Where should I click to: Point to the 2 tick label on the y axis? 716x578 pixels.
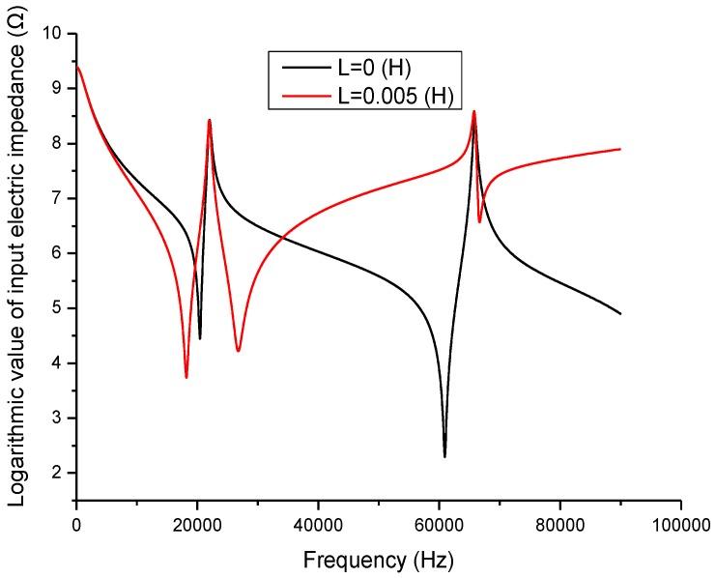click(60, 473)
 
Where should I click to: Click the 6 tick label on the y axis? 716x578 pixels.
click(60, 253)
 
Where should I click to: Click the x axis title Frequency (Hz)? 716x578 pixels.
click(378, 559)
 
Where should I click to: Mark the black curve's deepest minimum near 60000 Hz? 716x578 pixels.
click(444, 456)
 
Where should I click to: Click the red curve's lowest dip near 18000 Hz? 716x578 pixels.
click(186, 377)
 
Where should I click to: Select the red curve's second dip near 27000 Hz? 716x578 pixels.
click(238, 351)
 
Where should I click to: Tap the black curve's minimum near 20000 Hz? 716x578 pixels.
click(200, 338)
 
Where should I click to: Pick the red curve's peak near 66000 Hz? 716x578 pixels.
click(473, 112)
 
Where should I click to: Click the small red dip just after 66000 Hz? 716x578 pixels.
click(479, 222)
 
